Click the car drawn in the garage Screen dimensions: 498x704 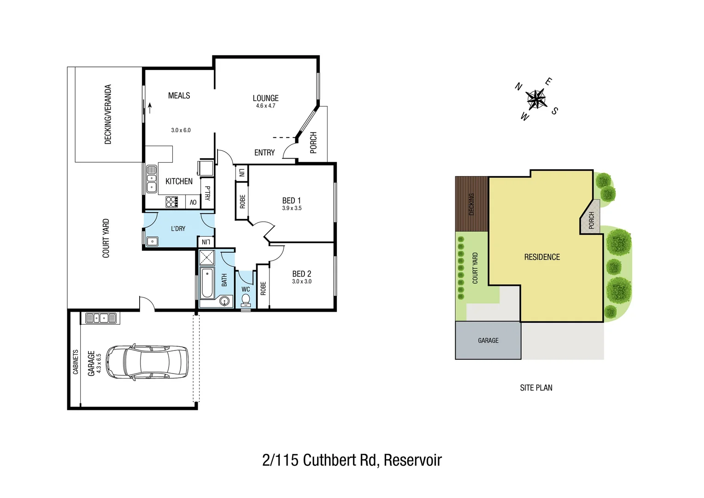[147, 362]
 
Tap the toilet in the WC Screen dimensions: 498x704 [246, 300]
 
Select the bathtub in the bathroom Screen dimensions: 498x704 [207, 282]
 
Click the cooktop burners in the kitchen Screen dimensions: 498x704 [172, 202]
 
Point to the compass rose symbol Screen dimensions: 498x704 [536, 99]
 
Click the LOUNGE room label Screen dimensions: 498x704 [265, 98]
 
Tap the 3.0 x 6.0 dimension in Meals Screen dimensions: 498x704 [181, 130]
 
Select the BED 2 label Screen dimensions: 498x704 [301, 274]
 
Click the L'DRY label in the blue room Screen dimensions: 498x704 [178, 229]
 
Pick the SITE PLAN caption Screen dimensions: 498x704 [536, 388]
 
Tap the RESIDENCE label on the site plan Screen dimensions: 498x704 [542, 257]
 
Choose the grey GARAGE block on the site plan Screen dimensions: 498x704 [488, 340]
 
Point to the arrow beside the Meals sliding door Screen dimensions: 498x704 [150, 108]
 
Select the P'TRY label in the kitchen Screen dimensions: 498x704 [207, 193]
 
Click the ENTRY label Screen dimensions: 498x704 [264, 153]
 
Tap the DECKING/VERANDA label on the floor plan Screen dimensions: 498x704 [108, 114]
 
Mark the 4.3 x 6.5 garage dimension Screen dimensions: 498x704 [99, 363]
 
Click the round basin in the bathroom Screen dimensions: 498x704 [224, 302]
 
